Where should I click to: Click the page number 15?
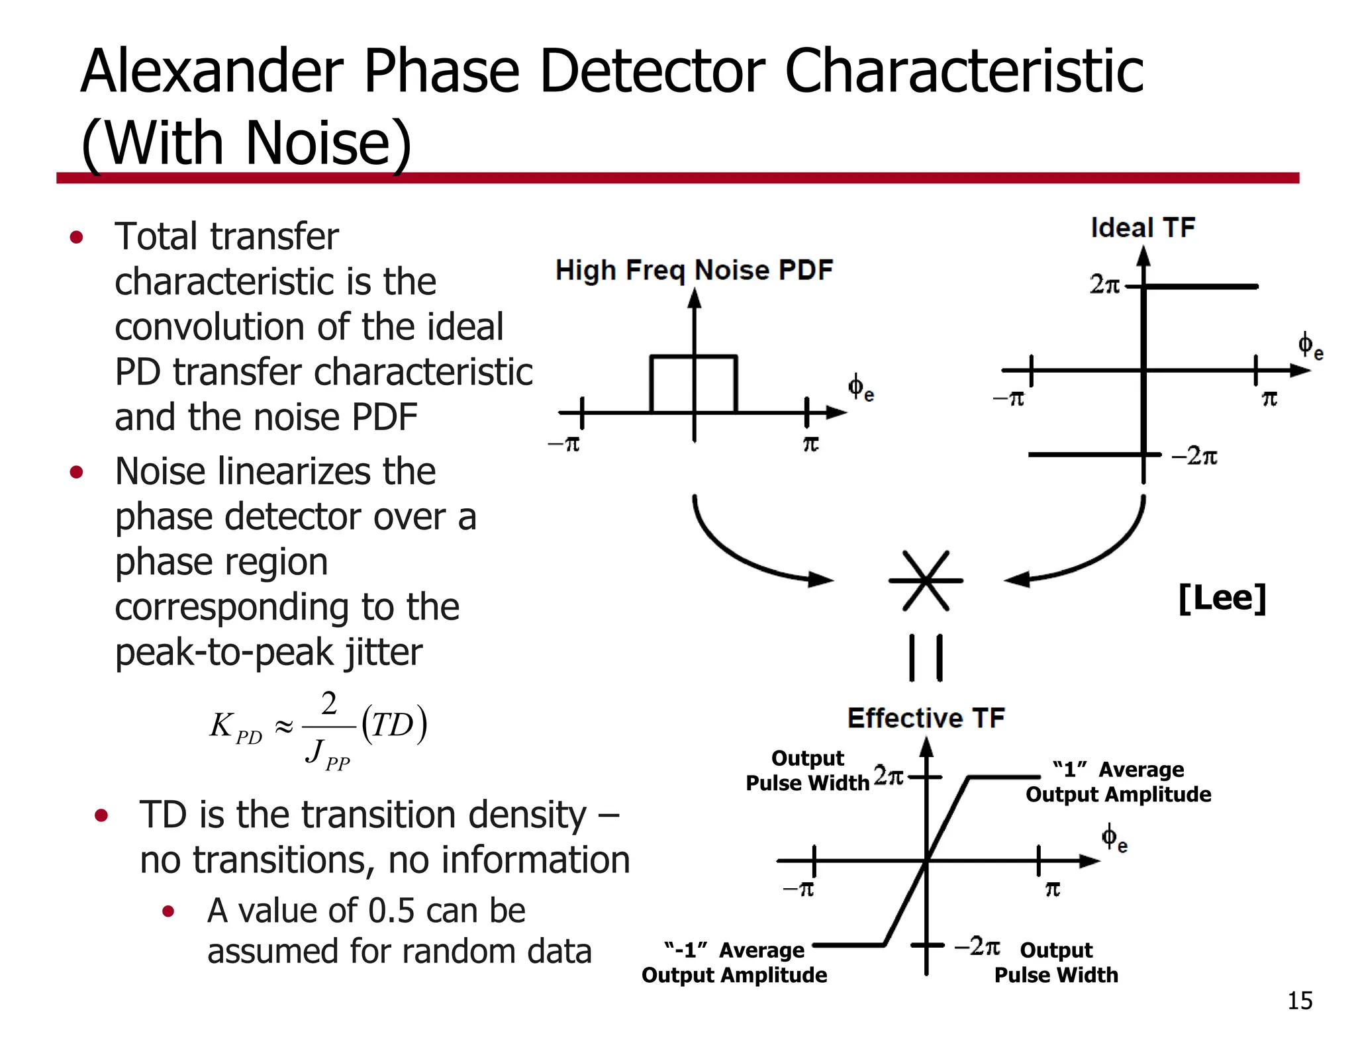(1300, 1001)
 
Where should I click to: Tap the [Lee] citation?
(1222, 598)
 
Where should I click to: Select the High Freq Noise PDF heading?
(694, 270)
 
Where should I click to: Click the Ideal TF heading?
(1143, 228)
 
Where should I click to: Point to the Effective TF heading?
(926, 718)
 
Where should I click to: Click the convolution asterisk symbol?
(926, 580)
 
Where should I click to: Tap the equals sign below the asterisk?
(926, 658)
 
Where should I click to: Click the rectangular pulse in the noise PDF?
(694, 384)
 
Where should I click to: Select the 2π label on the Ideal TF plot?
(1104, 285)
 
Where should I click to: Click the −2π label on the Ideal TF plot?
(1194, 456)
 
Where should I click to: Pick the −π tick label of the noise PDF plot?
(564, 443)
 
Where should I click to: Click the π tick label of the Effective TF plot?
(1052, 889)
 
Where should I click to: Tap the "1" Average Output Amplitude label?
(1118, 782)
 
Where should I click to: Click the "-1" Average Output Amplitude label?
(734, 962)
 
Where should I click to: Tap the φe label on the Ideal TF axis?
(1309, 346)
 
